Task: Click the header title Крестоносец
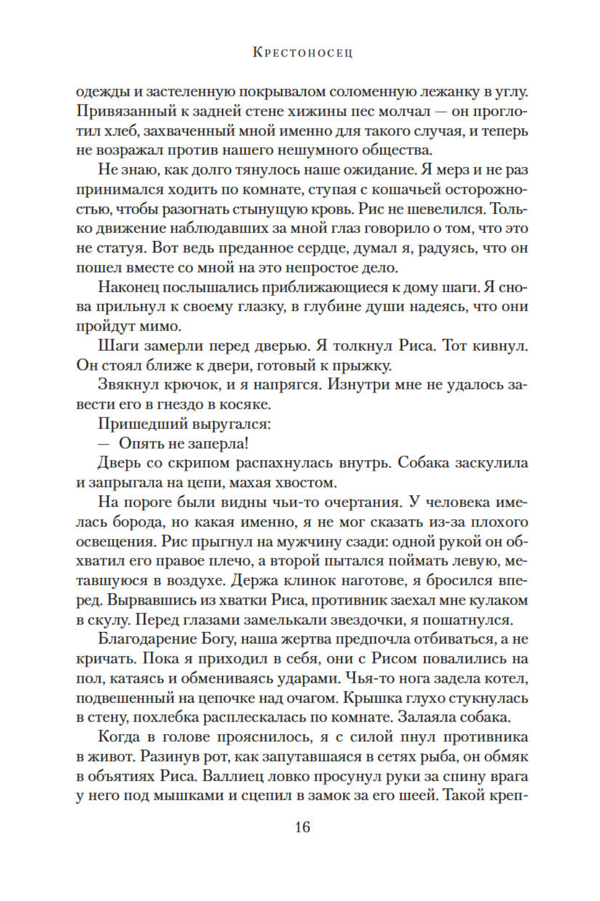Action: pos(302,53)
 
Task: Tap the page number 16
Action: pos(302,826)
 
